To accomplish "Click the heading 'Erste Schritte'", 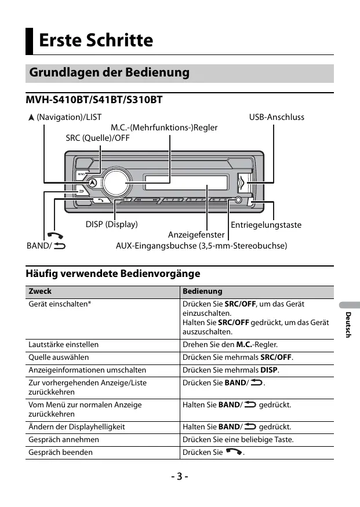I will [96, 41].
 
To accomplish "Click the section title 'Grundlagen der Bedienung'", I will [109, 73].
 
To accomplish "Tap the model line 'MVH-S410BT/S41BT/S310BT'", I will [94, 101].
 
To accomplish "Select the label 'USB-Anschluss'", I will [277, 117].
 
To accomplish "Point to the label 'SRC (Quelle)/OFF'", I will [97, 138].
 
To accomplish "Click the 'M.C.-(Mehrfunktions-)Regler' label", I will [164, 127].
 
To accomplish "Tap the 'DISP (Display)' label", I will [112, 224].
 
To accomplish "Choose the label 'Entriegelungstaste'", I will [266, 225].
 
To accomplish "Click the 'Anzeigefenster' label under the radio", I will [197, 235].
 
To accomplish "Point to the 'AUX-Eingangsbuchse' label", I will [202, 246].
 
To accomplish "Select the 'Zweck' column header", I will [40, 291].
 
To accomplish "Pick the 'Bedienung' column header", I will [202, 291].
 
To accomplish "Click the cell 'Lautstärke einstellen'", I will [64, 344].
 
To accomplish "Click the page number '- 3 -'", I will [180, 477].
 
